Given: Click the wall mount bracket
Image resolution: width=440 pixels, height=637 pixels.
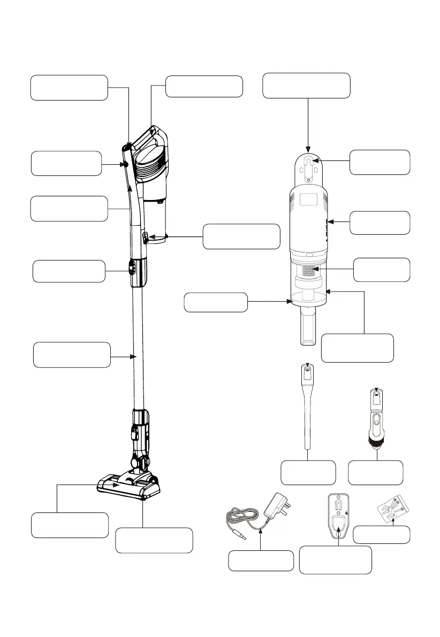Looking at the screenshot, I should (337, 517).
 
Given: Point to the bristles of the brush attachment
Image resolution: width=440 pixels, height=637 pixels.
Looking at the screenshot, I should (377, 442).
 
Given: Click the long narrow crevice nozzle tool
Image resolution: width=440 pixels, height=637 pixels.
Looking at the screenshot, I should (308, 406).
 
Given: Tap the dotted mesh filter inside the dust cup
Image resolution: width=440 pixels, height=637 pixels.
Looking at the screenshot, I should (309, 270).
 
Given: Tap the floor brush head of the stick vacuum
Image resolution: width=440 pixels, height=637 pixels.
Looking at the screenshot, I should (128, 486).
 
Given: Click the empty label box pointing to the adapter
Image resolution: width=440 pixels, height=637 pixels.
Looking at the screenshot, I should (261, 561).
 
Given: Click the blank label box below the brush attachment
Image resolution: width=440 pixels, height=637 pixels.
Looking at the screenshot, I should (375, 472).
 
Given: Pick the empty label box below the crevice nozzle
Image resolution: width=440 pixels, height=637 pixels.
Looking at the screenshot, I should (308, 472).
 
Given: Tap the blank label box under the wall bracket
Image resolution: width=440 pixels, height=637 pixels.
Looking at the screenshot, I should (336, 560).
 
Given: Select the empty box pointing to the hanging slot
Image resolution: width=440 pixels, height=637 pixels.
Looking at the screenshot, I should (380, 162).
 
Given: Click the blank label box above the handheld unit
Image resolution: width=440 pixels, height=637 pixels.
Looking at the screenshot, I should (307, 86).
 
